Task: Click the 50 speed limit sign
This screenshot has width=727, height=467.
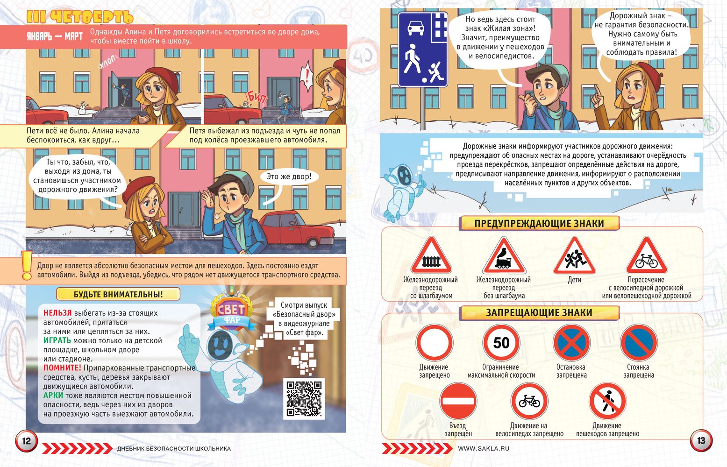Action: (x=501, y=343)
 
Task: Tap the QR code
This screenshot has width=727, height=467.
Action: (x=304, y=398)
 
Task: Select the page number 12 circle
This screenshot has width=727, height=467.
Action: (x=26, y=441)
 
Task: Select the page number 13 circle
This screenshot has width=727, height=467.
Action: (x=701, y=440)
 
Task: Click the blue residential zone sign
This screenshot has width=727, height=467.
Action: (x=423, y=50)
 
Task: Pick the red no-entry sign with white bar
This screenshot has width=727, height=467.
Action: (x=458, y=401)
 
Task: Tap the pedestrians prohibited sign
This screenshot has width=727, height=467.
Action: (x=607, y=401)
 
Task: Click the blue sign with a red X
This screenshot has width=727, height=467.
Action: (x=571, y=343)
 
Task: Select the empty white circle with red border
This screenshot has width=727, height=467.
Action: (x=434, y=343)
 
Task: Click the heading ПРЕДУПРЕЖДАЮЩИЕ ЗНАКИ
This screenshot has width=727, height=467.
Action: (x=539, y=223)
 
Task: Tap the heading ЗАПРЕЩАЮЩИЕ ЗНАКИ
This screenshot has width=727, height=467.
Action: (x=539, y=312)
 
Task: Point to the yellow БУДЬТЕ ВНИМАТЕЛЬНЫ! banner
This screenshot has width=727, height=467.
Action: (x=118, y=294)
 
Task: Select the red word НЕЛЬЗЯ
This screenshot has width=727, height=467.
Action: (x=57, y=313)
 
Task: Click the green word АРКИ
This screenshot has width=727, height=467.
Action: (x=53, y=396)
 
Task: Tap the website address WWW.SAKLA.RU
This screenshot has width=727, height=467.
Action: (x=484, y=448)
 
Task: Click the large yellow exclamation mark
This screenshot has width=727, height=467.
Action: (x=27, y=265)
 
